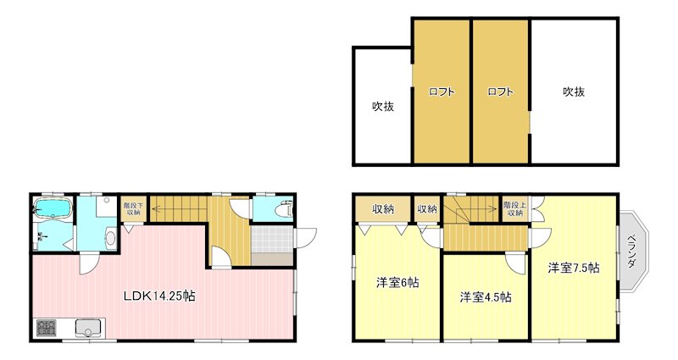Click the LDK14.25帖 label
pos(160,296)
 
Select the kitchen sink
pos(87,326)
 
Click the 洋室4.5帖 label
pos(486,297)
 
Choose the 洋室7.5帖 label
pos(574,268)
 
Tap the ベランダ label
pos(631,252)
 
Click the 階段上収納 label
pos(514,208)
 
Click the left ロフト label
pos(442,92)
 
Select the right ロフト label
pos(500,92)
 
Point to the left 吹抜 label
pos(382,107)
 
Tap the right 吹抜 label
pos(574,92)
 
